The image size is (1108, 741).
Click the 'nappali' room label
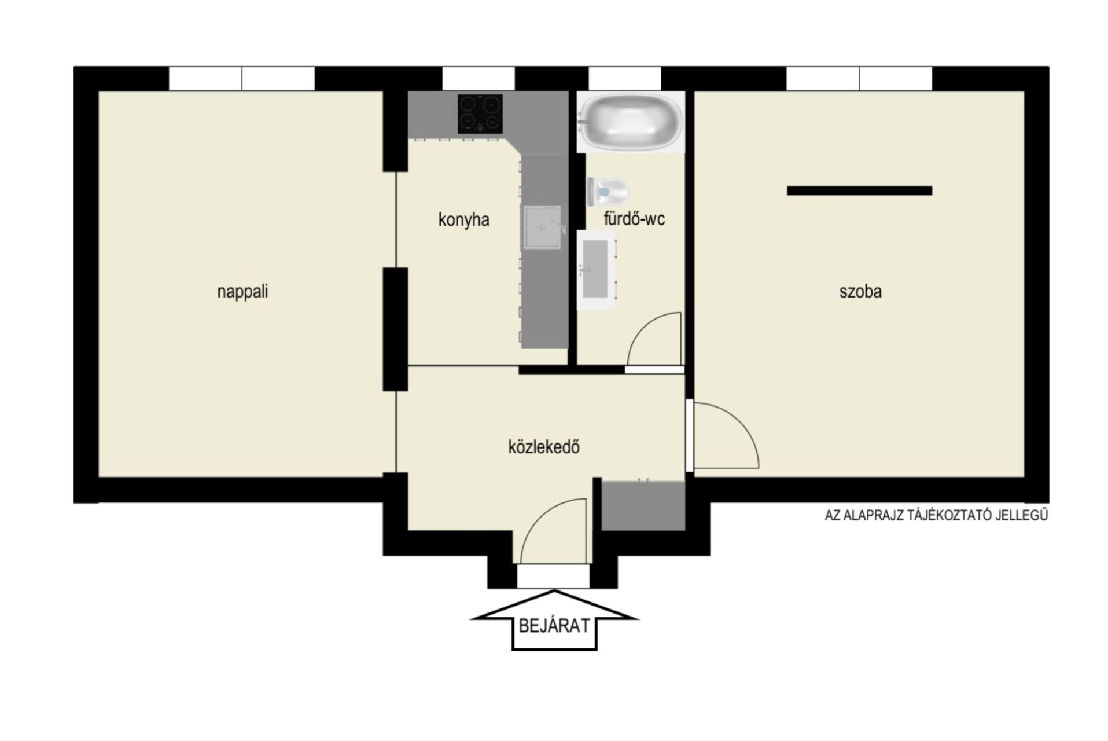242,291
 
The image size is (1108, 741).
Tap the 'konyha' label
463,220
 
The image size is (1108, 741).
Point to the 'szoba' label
860,291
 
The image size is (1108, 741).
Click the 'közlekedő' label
544,447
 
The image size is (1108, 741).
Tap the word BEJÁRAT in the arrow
554,625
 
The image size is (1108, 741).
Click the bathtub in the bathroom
631,122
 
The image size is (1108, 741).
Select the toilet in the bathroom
608,191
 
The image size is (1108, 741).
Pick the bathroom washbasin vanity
597,269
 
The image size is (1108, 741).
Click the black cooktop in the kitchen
480,114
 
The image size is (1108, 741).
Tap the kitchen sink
542,227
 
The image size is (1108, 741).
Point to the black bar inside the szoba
859,190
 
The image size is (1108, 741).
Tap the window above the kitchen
478,79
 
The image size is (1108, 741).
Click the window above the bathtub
625,79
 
